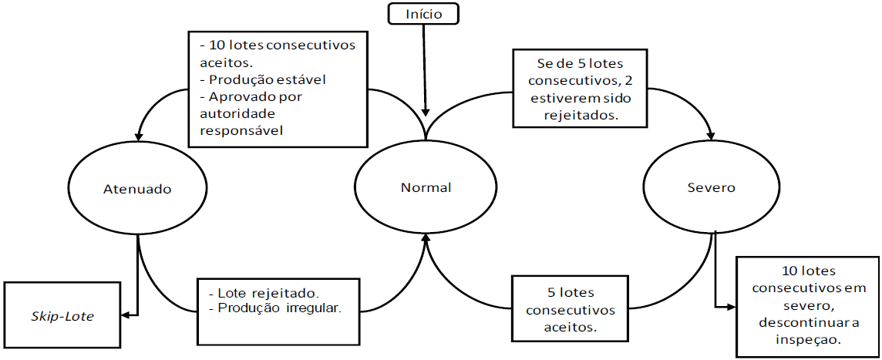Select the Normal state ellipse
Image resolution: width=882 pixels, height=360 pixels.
[x=426, y=187]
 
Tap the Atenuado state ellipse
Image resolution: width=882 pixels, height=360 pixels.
[x=138, y=187]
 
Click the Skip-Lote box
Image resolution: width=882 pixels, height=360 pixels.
[x=61, y=315]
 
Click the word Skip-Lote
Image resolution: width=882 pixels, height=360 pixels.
[x=61, y=315]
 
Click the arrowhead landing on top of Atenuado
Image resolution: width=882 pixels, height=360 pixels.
[x=139, y=136]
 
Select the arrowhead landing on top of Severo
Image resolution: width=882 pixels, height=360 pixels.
[x=713, y=136]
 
